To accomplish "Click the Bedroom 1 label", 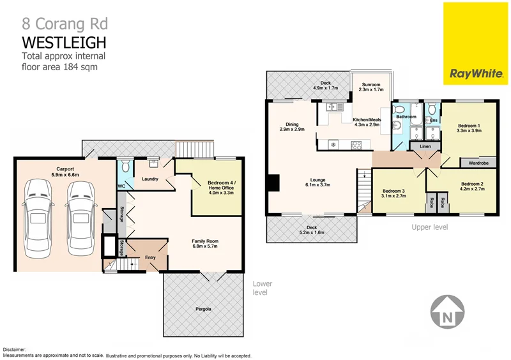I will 469,126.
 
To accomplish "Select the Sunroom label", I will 370,87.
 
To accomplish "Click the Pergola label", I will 204,310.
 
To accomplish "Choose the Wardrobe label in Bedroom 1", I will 478,163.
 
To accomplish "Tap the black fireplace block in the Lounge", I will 273,183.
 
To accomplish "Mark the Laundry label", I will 150,179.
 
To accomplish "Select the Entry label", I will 151,257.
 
